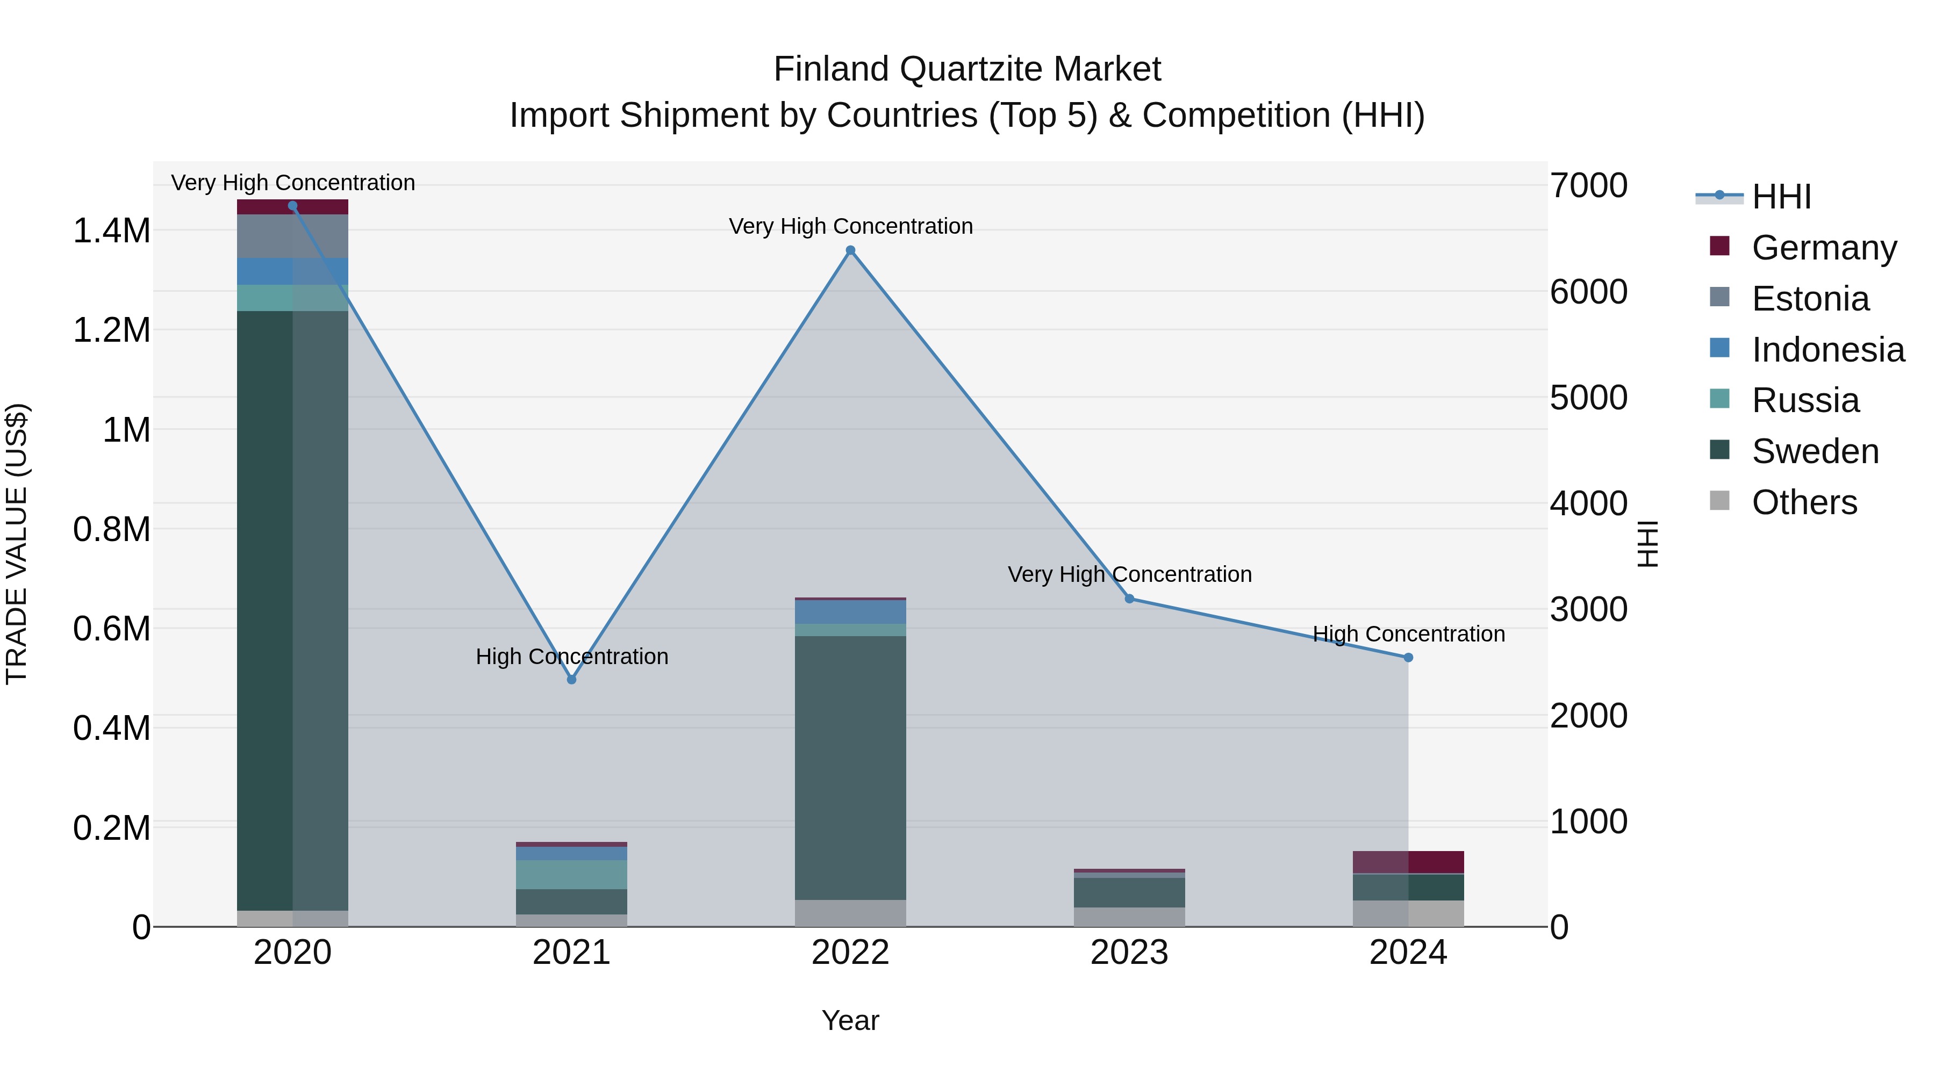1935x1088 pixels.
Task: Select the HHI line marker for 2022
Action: pyautogui.click(x=850, y=251)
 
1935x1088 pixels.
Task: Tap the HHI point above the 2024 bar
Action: pyautogui.click(x=1408, y=658)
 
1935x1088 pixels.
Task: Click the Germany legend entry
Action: pyautogui.click(x=1824, y=248)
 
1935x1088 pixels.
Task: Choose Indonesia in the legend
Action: pyautogui.click(x=1827, y=350)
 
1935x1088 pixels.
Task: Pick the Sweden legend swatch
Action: pyautogui.click(x=1719, y=450)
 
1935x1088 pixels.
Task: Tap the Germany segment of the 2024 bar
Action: pyautogui.click(x=1408, y=862)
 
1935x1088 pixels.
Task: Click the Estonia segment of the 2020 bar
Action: pyautogui.click(x=293, y=236)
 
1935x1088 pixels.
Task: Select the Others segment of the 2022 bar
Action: pyautogui.click(x=850, y=913)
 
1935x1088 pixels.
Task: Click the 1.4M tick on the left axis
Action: pyautogui.click(x=111, y=230)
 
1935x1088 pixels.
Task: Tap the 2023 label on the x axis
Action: pyautogui.click(x=1129, y=953)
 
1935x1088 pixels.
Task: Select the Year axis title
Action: pyautogui.click(x=850, y=1020)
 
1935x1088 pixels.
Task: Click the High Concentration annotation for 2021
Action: pyautogui.click(x=572, y=656)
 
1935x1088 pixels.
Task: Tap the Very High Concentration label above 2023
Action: pyautogui.click(x=1129, y=574)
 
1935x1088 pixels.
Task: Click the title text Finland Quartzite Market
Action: pyautogui.click(x=967, y=69)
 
